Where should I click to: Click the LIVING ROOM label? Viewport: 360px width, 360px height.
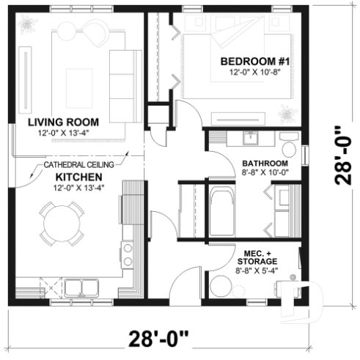(63, 122)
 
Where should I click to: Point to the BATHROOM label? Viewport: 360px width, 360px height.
(263, 164)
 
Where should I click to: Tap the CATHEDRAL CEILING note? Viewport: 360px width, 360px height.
(81, 166)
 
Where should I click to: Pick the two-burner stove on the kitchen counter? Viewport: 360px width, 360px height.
(128, 254)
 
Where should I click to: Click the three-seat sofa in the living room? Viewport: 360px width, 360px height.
(122, 78)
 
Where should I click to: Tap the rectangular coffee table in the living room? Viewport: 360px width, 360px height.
(78, 81)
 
